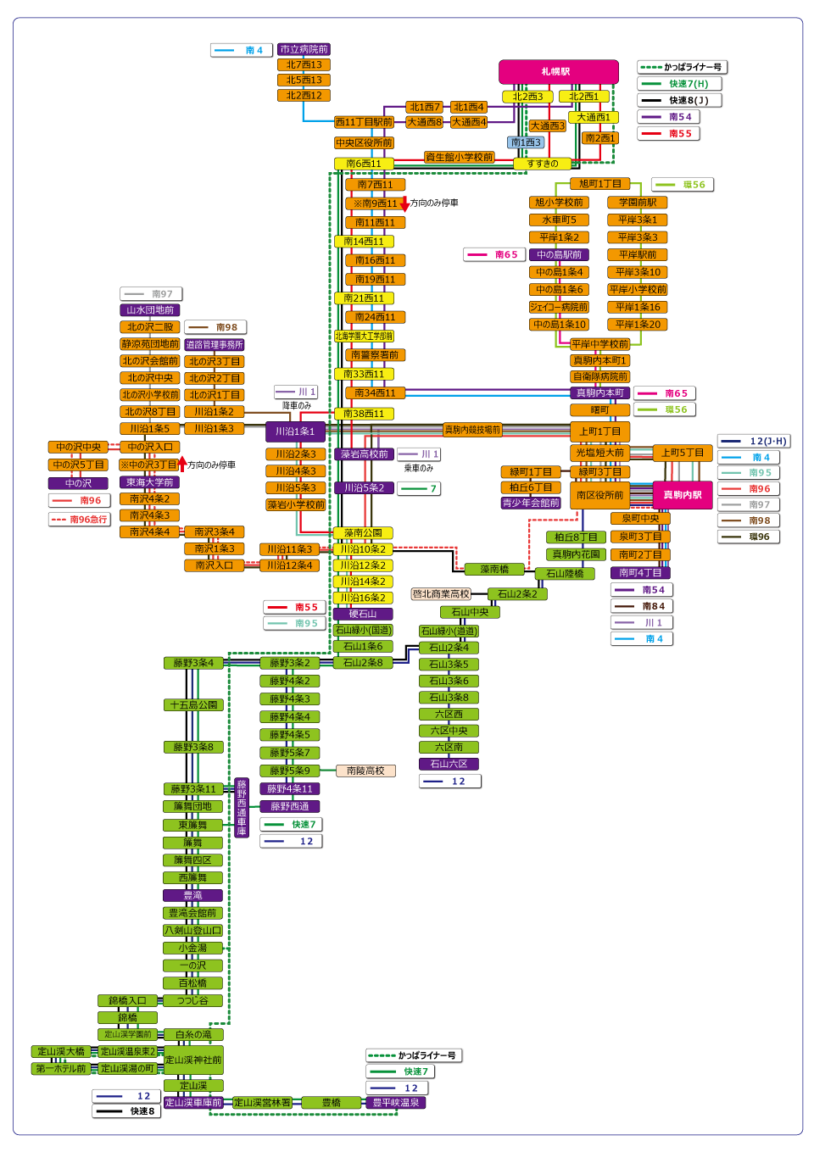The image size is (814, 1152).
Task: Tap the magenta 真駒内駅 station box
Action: pyautogui.click(x=682, y=495)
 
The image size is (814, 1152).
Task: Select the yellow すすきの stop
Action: pyautogui.click(x=543, y=164)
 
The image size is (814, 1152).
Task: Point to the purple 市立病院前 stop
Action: pyautogui.click(x=304, y=50)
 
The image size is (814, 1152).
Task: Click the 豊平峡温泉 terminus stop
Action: pyautogui.click(x=396, y=1103)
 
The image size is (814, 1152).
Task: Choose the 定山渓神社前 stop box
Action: pyautogui.click(x=193, y=1060)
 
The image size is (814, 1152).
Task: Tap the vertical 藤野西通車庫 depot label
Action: pyautogui.click(x=242, y=808)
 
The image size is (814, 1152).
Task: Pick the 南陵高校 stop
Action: pyautogui.click(x=365, y=771)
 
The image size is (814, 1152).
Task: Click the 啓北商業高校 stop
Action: pyautogui.click(x=441, y=594)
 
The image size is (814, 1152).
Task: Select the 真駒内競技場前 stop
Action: pyautogui.click(x=472, y=430)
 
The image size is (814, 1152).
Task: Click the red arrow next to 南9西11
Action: pyautogui.click(x=404, y=204)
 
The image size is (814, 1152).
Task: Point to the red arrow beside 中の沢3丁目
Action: pyautogui.click(x=181, y=465)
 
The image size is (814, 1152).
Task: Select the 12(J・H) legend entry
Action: pyautogui.click(x=755, y=441)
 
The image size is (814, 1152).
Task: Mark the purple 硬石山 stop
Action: pyautogui.click(x=363, y=614)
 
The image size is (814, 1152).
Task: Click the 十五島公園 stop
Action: pyautogui.click(x=193, y=705)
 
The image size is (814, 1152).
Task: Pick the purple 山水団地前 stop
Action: pyautogui.click(x=150, y=310)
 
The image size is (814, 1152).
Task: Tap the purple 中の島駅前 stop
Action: pyautogui.click(x=559, y=254)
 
